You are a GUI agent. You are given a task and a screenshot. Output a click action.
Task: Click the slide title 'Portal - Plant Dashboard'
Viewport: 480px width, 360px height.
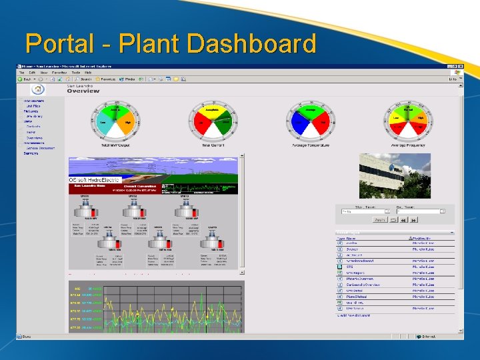point(171,44)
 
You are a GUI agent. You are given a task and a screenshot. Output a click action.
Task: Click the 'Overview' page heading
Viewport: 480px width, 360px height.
point(83,91)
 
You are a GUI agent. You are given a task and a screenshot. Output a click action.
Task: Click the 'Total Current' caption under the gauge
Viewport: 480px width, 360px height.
point(213,145)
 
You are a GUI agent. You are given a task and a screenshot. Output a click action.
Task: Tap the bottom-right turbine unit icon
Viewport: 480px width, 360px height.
point(212,241)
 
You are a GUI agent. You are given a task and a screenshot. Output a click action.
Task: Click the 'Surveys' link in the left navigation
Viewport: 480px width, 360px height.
point(31,153)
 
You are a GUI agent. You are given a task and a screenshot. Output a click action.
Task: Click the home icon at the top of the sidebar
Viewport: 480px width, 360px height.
point(38,89)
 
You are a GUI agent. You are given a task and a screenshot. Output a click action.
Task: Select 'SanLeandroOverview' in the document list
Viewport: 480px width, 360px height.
point(364,284)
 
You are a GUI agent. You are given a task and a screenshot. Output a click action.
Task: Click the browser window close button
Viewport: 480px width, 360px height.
point(459,66)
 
